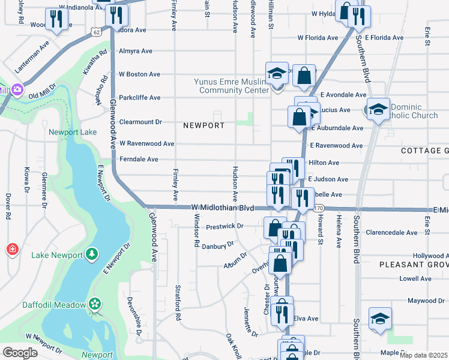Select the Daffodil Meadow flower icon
[x=94, y=305]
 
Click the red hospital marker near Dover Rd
[x=12, y=249]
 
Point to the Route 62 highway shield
[x=97, y=30]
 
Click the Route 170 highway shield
[x=318, y=208]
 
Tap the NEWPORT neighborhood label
[x=203, y=125]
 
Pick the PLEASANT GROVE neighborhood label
[x=414, y=264]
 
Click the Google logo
[x=20, y=352]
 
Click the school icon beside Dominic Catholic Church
[x=378, y=109]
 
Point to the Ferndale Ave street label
[x=139, y=159]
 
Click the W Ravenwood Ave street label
[x=146, y=143]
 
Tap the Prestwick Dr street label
[x=224, y=226]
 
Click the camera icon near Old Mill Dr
[x=17, y=90]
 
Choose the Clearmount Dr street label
[x=140, y=121]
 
